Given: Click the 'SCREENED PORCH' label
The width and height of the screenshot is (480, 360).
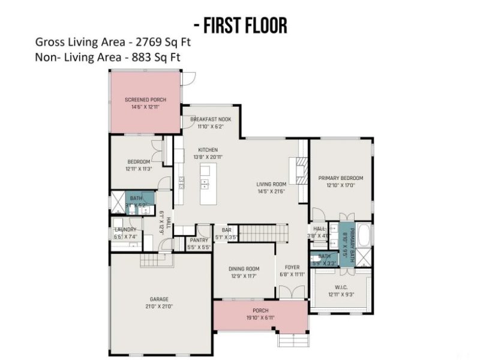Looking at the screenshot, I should pyautogui.click(x=145, y=100).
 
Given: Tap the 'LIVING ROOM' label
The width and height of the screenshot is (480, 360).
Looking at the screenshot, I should pyautogui.click(x=271, y=184).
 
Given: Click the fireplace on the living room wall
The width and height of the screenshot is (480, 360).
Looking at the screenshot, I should pyautogui.click(x=296, y=172).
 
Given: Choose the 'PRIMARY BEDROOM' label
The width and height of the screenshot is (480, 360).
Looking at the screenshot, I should pyautogui.click(x=341, y=178).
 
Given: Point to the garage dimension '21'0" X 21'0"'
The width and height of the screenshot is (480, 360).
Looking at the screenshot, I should pyautogui.click(x=159, y=306).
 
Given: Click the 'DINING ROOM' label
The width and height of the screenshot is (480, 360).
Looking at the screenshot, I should pyautogui.click(x=244, y=268).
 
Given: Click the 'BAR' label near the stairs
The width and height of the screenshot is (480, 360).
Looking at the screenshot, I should pyautogui.click(x=226, y=230).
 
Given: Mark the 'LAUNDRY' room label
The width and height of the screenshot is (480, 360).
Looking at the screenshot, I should pyautogui.click(x=125, y=230).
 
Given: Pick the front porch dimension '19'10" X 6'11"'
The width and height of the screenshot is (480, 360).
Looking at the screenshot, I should pyautogui.click(x=260, y=317).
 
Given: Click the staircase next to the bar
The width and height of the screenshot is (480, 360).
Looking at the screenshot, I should pyautogui.click(x=264, y=232).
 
